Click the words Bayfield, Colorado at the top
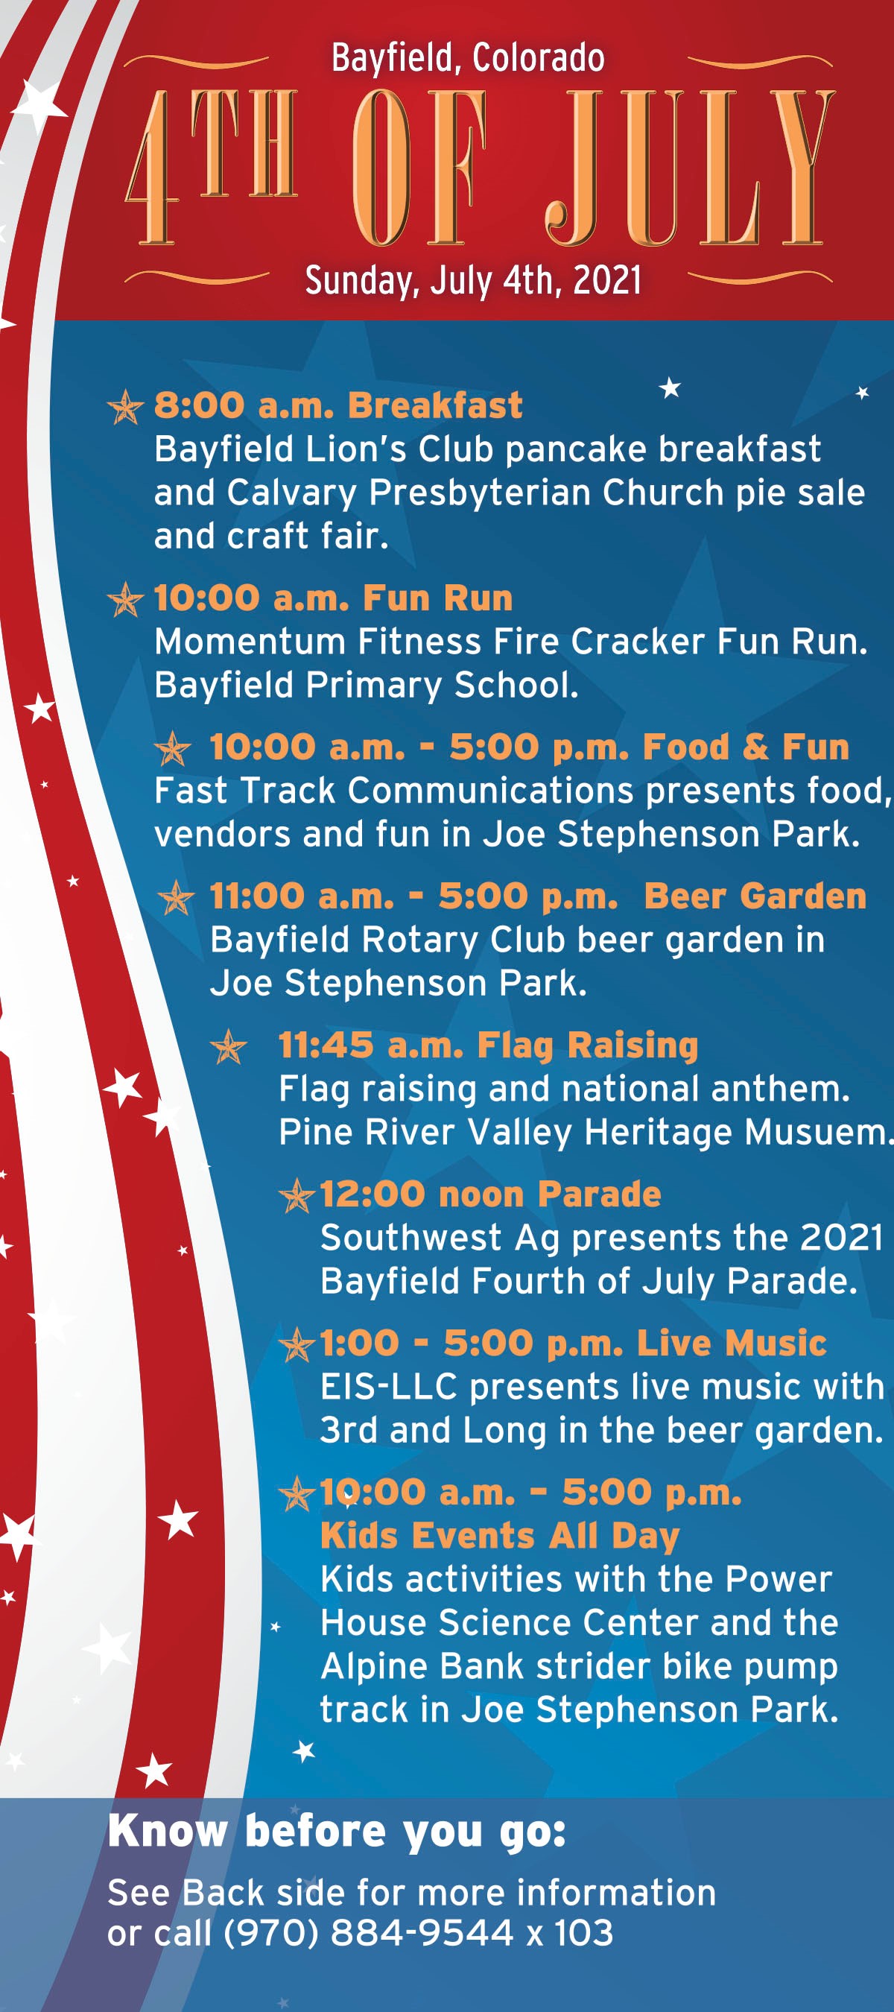point(468,59)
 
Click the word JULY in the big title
point(690,167)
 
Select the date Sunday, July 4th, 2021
point(473,280)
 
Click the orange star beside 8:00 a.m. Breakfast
point(126,406)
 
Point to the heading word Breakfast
point(435,405)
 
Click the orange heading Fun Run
point(438,598)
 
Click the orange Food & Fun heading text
point(746,747)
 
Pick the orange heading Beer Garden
point(755,896)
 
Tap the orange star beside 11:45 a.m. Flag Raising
point(229,1047)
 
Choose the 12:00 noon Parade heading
point(490,1195)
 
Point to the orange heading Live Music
point(732,1343)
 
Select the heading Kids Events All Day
point(501,1537)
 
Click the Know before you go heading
point(337,1832)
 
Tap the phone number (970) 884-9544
point(369,1934)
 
